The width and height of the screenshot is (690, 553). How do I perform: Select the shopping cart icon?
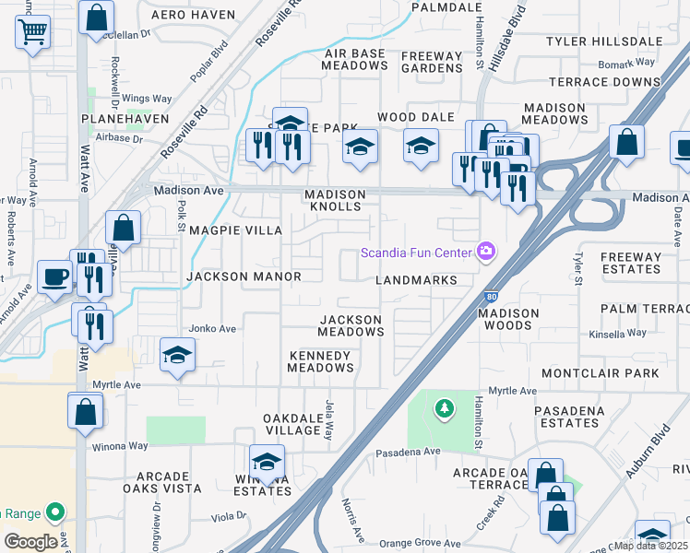(33, 32)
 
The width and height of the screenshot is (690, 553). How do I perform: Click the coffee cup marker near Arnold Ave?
(54, 276)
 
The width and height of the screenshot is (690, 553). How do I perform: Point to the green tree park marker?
(445, 407)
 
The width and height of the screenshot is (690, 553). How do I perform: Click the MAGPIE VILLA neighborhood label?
(235, 230)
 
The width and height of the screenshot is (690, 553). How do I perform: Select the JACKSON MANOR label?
(244, 276)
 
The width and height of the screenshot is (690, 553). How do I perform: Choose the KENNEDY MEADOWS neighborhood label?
(320, 361)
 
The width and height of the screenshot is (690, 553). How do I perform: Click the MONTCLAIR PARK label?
(601, 373)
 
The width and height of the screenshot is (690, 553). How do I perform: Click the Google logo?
(30, 542)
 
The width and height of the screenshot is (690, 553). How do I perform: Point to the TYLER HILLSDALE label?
(604, 41)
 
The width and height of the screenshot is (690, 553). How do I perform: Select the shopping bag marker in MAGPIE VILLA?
(123, 228)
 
